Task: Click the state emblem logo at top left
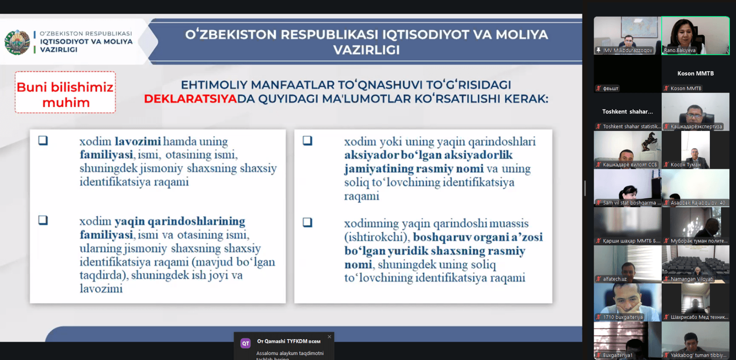(17, 42)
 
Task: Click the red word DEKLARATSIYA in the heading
(190, 99)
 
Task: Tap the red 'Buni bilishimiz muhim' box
(65, 93)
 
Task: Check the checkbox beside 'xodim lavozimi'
(43, 141)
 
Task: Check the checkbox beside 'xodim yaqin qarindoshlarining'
(43, 220)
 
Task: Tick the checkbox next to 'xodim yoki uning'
(308, 141)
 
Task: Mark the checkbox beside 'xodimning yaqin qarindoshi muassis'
(308, 222)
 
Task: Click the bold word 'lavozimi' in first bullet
(138, 141)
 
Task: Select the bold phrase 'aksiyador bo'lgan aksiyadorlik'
(428, 155)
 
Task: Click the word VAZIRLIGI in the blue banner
(366, 50)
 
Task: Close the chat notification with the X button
(329, 337)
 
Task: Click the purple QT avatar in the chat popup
(246, 343)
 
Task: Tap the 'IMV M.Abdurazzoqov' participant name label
(627, 50)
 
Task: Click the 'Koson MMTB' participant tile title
(695, 74)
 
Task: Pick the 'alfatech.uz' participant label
(615, 279)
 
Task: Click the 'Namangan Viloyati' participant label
(692, 279)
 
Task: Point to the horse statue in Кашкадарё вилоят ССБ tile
(649, 142)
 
